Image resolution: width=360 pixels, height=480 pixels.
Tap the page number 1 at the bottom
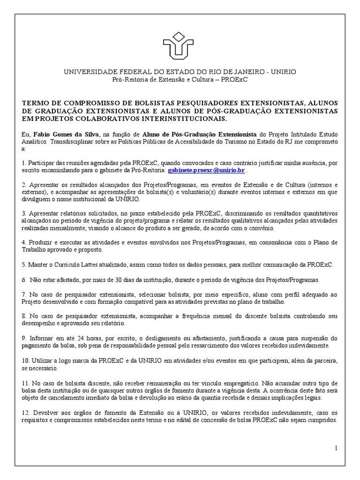pyautogui.click(x=336, y=448)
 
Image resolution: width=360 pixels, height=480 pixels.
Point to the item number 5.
pyautogui.click(x=24, y=265)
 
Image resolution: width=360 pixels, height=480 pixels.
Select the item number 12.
pyautogui.click(x=26, y=413)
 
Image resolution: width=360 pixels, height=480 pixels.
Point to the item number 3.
pyautogui.click(x=24, y=213)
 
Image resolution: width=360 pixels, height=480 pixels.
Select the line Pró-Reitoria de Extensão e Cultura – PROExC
pyautogui.click(x=180, y=80)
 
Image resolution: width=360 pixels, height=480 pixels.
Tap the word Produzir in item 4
pyautogui.click(x=41, y=242)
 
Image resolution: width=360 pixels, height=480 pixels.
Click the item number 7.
pyautogui.click(x=24, y=294)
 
